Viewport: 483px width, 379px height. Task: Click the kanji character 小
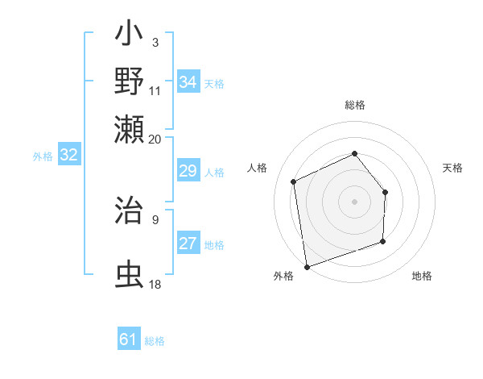(x=129, y=37)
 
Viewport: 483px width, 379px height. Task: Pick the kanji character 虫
(x=129, y=273)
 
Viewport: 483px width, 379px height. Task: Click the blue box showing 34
(x=188, y=82)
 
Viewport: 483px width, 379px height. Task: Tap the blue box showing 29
(x=188, y=171)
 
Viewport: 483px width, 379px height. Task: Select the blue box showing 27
(x=188, y=244)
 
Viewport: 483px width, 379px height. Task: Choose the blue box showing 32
(x=69, y=155)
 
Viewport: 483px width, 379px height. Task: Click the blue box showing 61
(x=129, y=340)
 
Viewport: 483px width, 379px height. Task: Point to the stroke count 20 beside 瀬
(x=155, y=138)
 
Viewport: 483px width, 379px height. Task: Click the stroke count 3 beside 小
(x=155, y=42)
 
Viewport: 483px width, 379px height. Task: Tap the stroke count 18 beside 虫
(x=155, y=284)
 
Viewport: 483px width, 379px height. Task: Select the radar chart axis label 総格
(x=354, y=105)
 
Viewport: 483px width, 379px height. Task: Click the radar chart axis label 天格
(x=453, y=168)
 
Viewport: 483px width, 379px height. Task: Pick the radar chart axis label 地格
(x=422, y=276)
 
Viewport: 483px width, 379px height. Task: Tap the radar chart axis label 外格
(x=283, y=276)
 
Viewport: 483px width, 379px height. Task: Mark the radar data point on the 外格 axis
(x=306, y=266)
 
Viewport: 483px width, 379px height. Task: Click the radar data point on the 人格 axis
(x=294, y=181)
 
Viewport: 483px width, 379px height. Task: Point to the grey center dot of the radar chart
(x=354, y=201)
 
